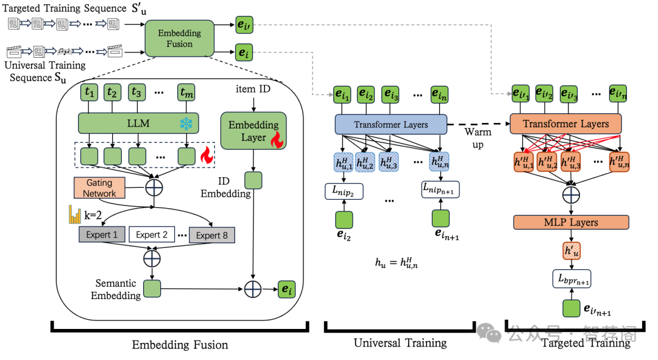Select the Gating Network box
point(99,188)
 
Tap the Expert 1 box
point(102,235)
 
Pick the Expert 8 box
point(212,235)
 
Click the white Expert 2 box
point(152,235)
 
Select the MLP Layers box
point(571,222)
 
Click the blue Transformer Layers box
point(391,125)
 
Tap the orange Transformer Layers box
point(565,124)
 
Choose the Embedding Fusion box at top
point(180,38)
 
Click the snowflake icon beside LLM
point(185,124)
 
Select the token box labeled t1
point(90,94)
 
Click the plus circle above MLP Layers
point(571,195)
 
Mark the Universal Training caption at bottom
point(400,343)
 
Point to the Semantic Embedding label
point(118,289)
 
